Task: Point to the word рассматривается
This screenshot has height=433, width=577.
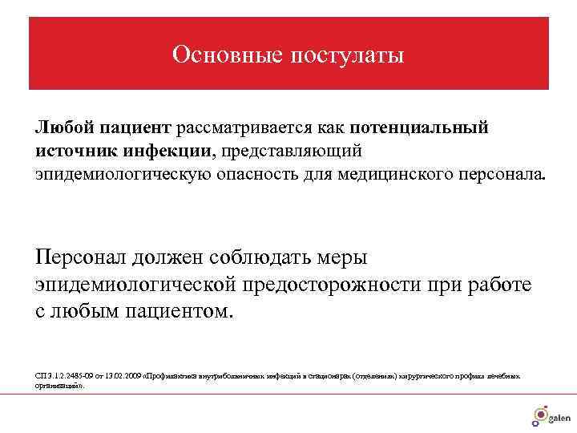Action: coord(238,128)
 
